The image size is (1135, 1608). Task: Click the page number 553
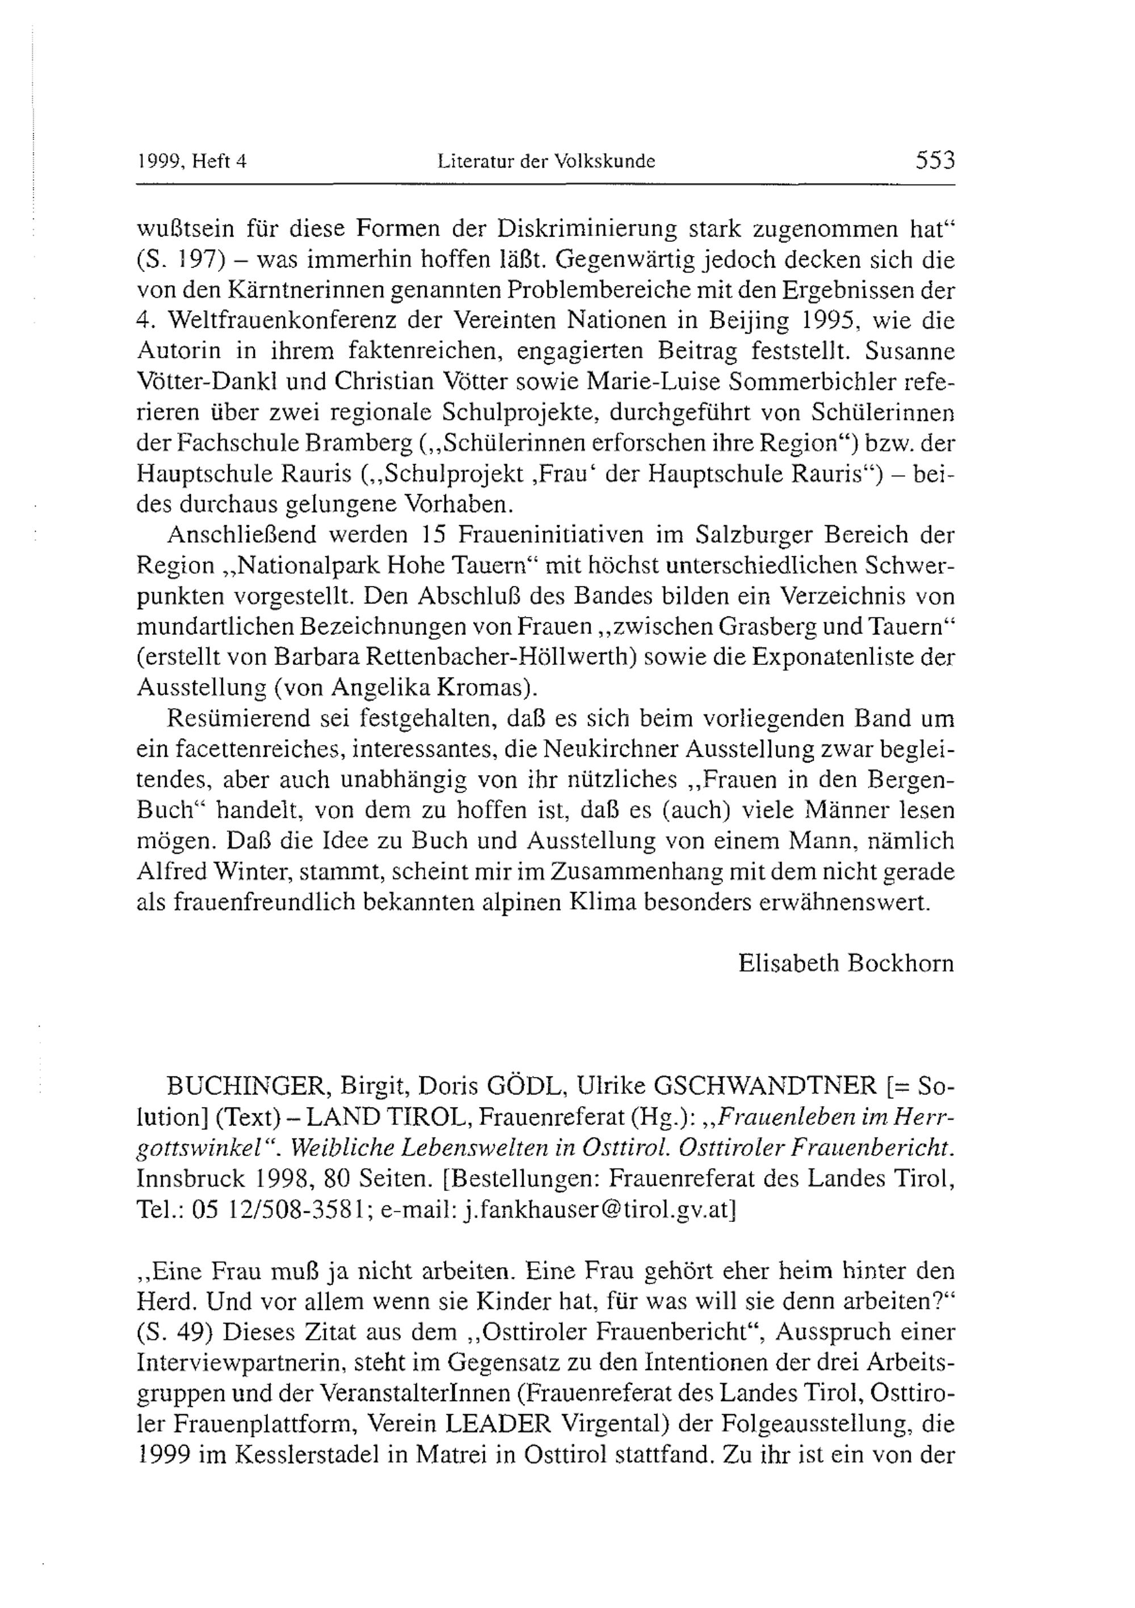[934, 161]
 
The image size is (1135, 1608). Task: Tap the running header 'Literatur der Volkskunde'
[546, 162]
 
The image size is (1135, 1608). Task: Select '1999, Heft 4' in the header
[192, 162]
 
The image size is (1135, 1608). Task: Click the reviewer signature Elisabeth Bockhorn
[846, 964]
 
